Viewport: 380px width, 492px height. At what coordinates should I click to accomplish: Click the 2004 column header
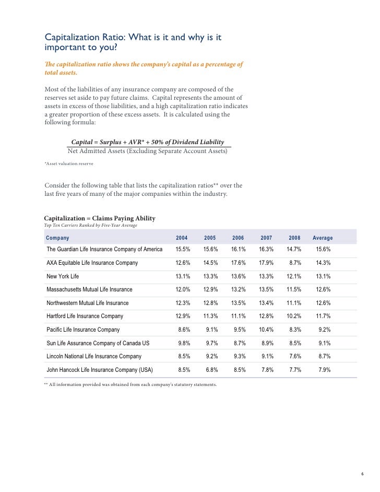[182, 238]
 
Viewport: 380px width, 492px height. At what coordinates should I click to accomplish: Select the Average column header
[322, 238]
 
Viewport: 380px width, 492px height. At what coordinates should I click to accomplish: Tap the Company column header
[57, 238]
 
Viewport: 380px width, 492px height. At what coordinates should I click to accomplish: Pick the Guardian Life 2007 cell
[266, 250]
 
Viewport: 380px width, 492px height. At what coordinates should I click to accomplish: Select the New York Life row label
[63, 276]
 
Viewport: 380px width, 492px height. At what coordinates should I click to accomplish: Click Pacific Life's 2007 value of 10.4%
[266, 330]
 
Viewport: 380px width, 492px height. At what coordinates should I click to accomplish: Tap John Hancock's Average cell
[324, 370]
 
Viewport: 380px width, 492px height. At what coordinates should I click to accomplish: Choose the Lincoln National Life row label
[94, 356]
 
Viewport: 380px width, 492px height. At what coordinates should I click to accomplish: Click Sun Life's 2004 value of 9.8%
[184, 343]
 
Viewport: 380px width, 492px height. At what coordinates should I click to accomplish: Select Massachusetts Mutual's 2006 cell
[238, 289]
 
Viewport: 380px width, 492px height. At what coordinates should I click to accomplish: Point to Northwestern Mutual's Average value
[323, 303]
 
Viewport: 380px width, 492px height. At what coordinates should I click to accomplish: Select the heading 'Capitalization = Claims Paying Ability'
[100, 218]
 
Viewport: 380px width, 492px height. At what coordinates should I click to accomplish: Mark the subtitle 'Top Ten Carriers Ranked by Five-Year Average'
[90, 225]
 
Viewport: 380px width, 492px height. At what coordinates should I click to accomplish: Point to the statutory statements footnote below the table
[130, 385]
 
